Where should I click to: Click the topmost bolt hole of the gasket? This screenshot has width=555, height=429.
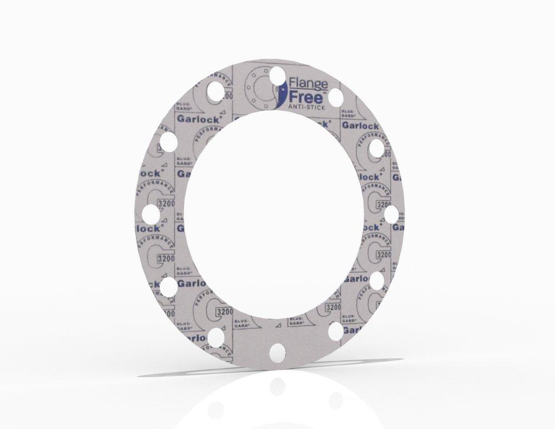[277, 74]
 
